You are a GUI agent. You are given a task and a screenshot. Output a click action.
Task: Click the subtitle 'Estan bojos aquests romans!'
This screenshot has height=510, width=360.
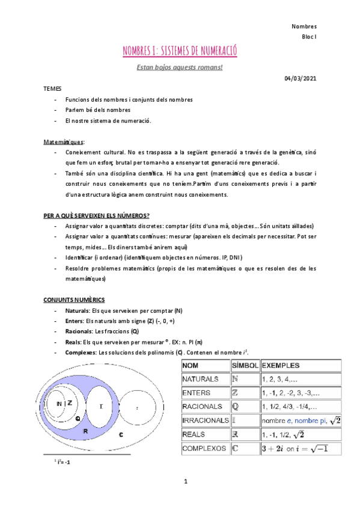point(180,67)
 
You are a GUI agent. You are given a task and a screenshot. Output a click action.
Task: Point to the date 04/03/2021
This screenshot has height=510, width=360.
point(301,78)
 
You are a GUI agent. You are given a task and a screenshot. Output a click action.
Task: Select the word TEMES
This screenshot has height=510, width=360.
point(52,88)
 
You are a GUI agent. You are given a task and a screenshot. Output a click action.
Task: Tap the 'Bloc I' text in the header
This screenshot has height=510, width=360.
point(309,37)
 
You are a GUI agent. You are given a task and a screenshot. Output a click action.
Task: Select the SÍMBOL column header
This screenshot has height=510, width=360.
point(245,366)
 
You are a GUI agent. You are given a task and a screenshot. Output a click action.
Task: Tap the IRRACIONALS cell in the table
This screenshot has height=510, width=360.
point(206,420)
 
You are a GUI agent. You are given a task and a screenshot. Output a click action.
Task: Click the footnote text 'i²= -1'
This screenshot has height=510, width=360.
point(64,462)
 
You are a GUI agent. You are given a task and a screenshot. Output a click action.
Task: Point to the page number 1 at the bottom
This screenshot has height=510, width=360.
point(186,482)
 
